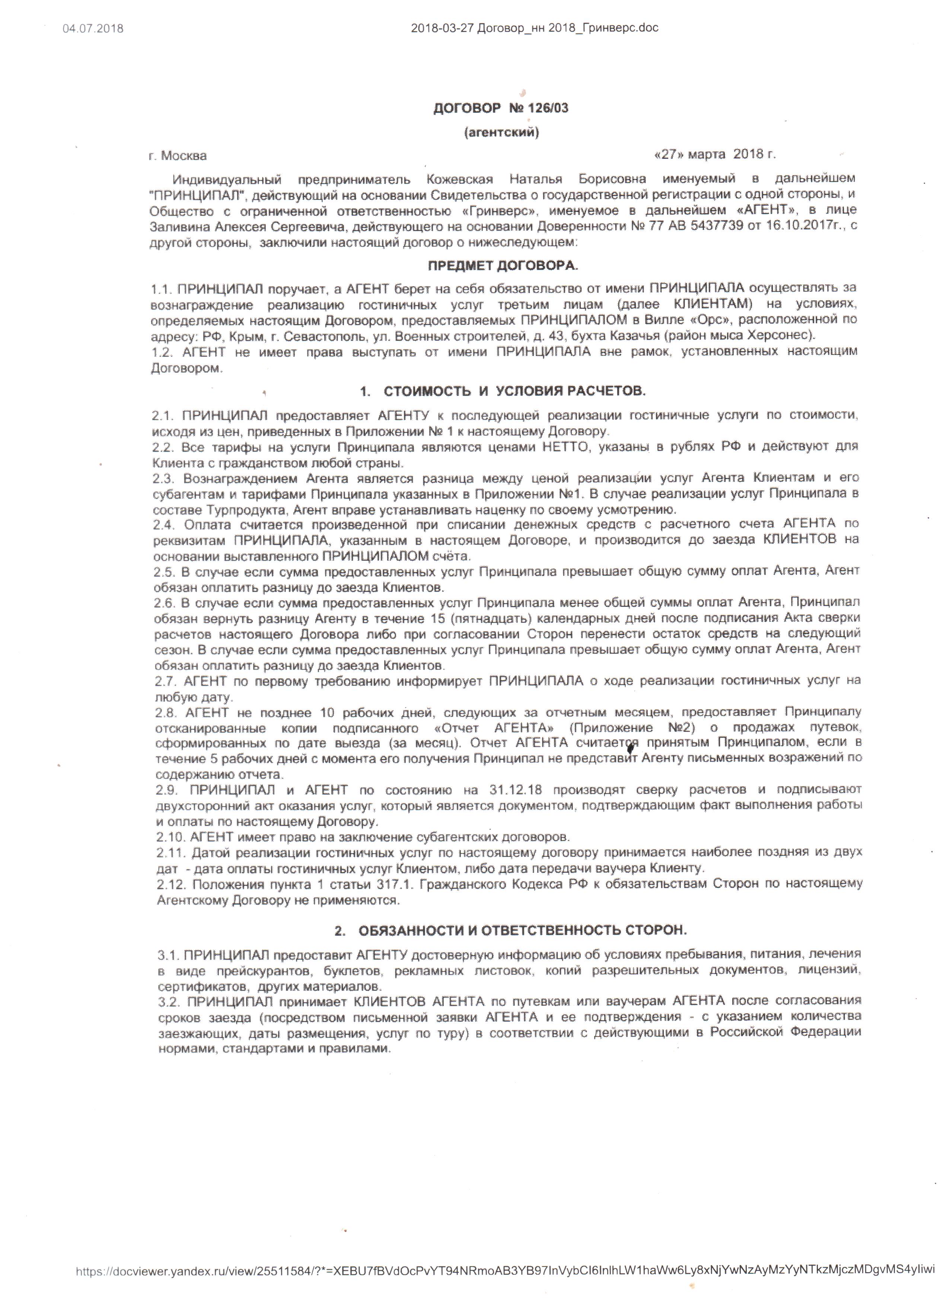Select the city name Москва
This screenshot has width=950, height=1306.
184,156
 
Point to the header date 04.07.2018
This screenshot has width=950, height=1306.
93,28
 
